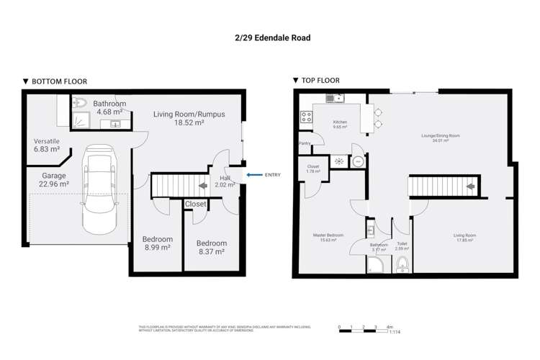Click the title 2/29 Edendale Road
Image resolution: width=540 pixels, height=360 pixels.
pos(270,37)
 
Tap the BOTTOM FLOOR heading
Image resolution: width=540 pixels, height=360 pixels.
pos(58,81)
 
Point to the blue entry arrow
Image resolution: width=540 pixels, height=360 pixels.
pos(254,174)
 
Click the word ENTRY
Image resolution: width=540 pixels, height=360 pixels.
pos(274,174)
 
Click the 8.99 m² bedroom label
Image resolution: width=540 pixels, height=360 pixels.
pos(156,243)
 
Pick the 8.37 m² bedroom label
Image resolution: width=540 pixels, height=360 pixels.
pos(212,247)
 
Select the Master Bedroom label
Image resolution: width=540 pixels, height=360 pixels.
pos(328,238)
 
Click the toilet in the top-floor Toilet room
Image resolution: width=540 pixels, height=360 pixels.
pos(402,268)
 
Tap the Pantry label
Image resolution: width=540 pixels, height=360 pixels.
pos(304,143)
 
